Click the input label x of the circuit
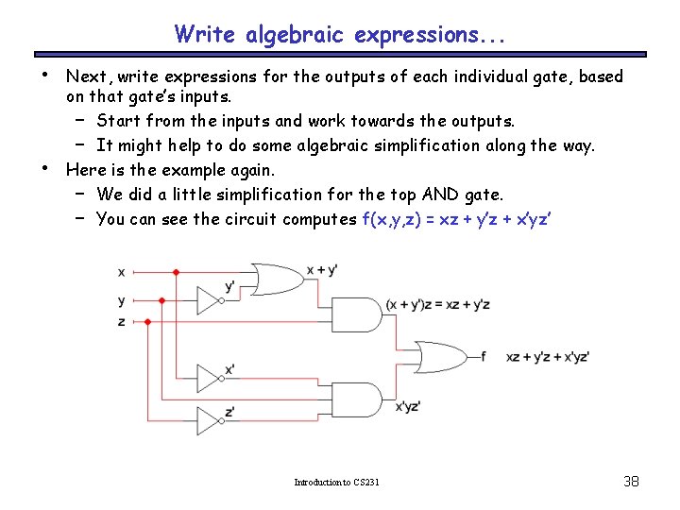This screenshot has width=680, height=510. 121,273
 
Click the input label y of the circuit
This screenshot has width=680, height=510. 121,301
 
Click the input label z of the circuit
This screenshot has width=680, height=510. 121,322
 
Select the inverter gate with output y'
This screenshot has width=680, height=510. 209,300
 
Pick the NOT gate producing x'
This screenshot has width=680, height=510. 209,378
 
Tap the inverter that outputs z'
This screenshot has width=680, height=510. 209,419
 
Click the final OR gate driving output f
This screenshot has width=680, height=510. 445,357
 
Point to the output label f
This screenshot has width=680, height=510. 483,356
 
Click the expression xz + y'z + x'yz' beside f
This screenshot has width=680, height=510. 548,357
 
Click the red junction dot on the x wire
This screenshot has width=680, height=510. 176,273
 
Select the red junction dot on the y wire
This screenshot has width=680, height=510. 162,301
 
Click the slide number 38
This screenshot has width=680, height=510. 632,482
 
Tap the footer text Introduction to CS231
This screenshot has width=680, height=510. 337,483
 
